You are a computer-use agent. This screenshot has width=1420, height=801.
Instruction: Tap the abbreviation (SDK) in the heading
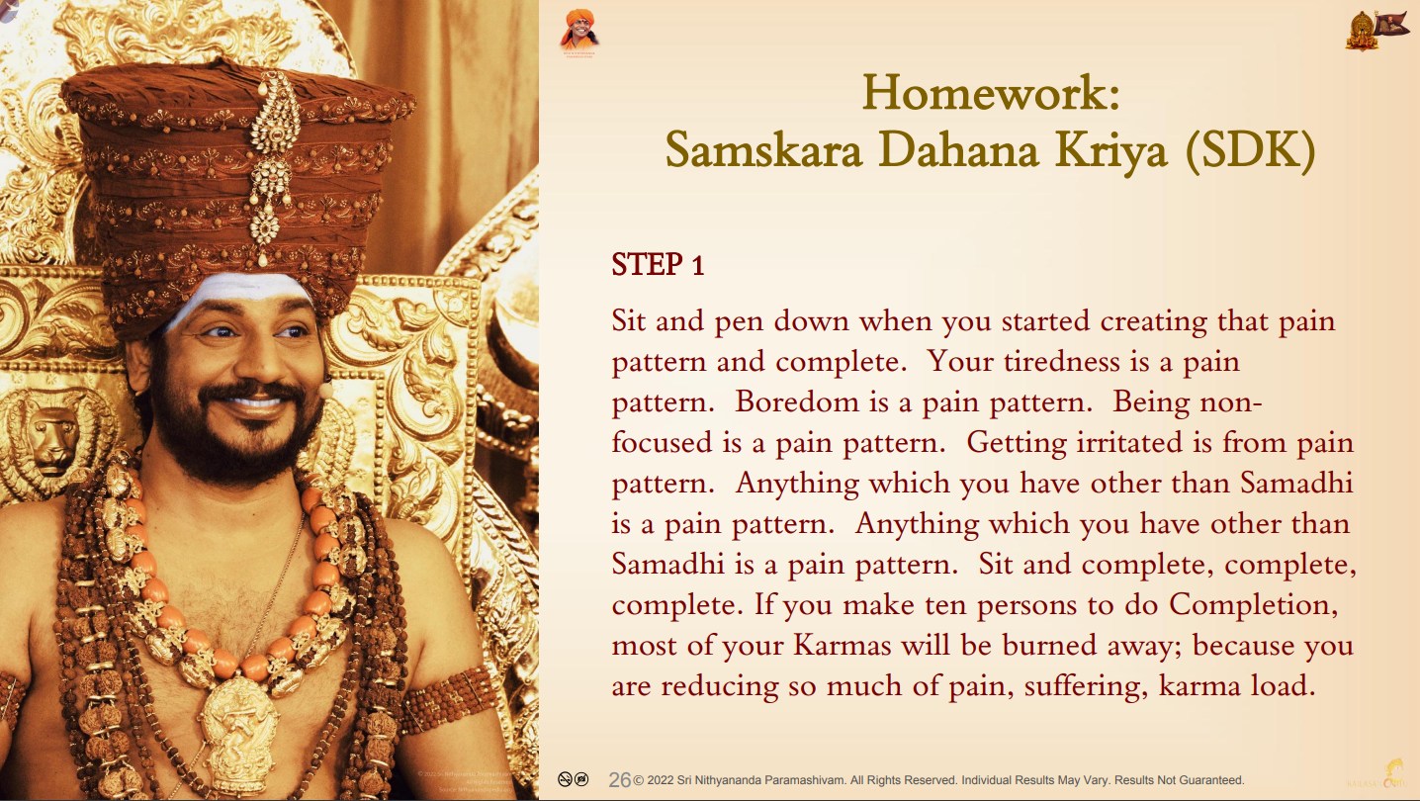click(x=1251, y=151)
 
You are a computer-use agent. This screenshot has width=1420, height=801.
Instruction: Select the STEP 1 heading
click(x=658, y=264)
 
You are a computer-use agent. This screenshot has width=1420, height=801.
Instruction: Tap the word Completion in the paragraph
click(x=1253, y=605)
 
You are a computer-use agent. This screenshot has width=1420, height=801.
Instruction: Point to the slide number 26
click(x=619, y=780)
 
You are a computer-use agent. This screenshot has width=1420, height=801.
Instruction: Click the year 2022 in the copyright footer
click(x=661, y=780)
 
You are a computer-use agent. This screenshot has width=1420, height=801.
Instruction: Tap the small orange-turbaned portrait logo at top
click(x=578, y=31)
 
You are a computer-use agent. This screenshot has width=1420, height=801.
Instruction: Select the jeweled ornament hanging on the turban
click(x=271, y=166)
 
